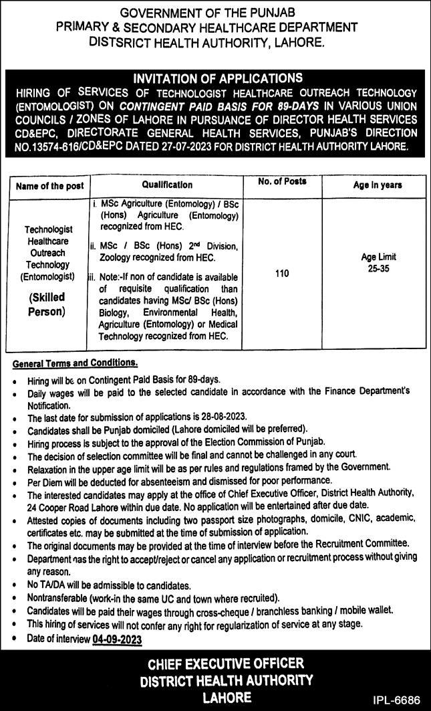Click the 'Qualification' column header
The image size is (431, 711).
[x=167, y=185]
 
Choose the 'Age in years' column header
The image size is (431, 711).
[x=378, y=185]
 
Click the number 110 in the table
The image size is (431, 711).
[x=282, y=274]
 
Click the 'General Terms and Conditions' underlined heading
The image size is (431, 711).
[x=75, y=363]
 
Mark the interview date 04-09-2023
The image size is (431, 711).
[x=118, y=639]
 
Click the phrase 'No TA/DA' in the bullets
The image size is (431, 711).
[x=48, y=585]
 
